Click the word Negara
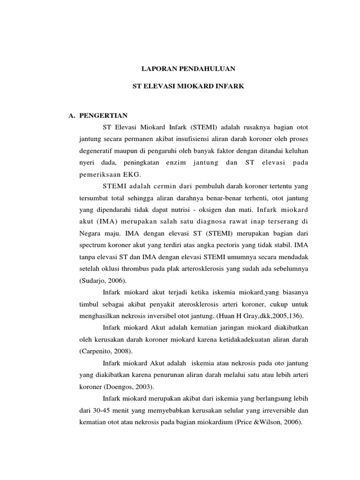[91, 233]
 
